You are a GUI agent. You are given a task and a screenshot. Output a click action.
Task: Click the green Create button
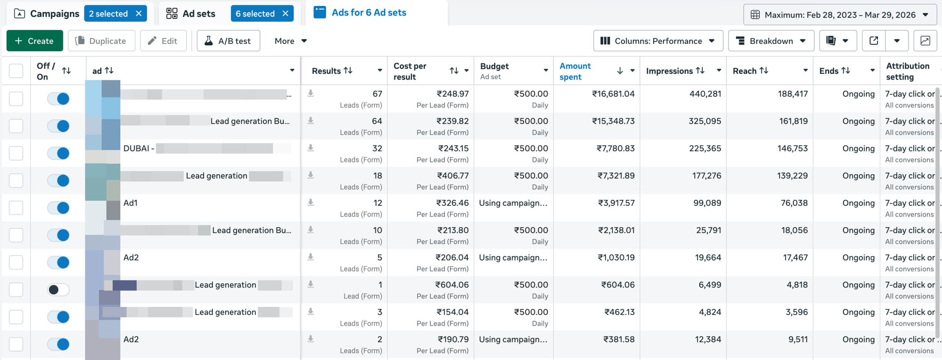click(35, 41)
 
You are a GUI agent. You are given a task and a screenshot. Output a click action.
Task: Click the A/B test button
click(228, 41)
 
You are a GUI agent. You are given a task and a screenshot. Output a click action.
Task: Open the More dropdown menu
click(290, 41)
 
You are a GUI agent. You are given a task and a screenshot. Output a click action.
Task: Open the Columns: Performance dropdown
click(658, 41)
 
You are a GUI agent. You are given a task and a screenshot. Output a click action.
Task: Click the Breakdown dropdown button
click(771, 41)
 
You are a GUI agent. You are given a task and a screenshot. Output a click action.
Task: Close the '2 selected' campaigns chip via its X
click(139, 14)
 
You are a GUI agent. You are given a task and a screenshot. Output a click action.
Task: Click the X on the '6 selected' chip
click(285, 14)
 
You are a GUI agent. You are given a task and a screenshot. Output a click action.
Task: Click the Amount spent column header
click(575, 71)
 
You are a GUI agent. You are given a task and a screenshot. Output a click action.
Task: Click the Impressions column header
click(669, 71)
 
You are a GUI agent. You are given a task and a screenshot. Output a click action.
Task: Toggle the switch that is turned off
click(58, 290)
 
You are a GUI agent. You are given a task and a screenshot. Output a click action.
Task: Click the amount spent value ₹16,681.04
click(613, 94)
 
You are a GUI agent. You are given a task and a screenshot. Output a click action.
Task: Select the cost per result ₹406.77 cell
click(453, 176)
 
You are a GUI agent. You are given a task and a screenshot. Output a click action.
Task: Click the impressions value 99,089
click(707, 203)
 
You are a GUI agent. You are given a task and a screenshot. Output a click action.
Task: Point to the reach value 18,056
click(794, 230)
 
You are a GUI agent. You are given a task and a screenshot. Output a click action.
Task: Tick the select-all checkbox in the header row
click(16, 71)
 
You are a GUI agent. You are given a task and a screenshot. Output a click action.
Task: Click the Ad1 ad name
click(130, 203)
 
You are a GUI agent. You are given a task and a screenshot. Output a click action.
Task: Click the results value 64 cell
click(377, 121)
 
